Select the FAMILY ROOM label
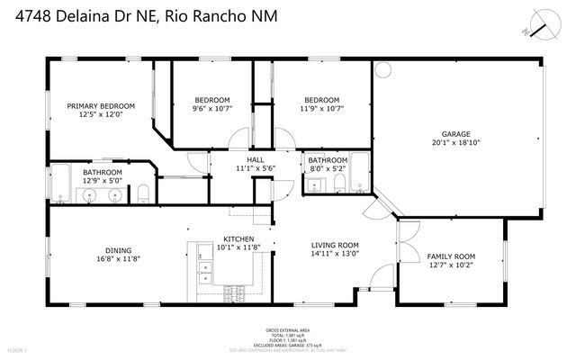(450, 256)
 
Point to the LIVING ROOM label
(335, 245)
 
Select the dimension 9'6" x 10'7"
(212, 108)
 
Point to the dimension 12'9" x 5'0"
(103, 180)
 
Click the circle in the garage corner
(382, 69)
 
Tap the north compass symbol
(539, 24)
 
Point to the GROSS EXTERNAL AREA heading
(287, 330)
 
